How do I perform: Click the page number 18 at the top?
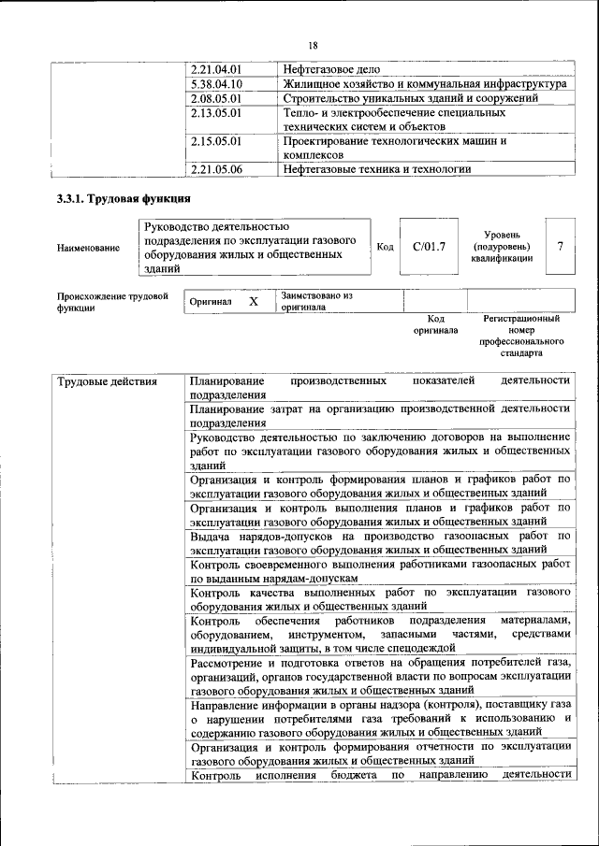pyautogui.click(x=313, y=45)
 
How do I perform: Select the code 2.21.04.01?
pyautogui.click(x=216, y=70)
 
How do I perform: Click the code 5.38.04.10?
pyautogui.click(x=216, y=84)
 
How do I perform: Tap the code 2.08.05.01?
pyautogui.click(x=216, y=98)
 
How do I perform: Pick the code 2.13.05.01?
pyautogui.click(x=216, y=112)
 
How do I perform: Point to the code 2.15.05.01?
pyautogui.click(x=216, y=141)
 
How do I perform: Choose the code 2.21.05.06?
pyautogui.click(x=216, y=169)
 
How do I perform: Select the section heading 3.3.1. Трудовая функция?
pyautogui.click(x=124, y=199)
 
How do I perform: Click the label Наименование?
pyautogui.click(x=89, y=248)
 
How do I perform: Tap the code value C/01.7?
pyautogui.click(x=429, y=247)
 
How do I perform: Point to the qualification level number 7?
pyautogui.click(x=560, y=246)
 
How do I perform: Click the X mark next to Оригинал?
pyautogui.click(x=253, y=302)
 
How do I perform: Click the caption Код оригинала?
pyautogui.click(x=435, y=324)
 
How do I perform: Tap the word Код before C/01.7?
pyautogui.click(x=384, y=247)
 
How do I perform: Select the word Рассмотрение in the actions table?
pyautogui.click(x=229, y=663)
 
